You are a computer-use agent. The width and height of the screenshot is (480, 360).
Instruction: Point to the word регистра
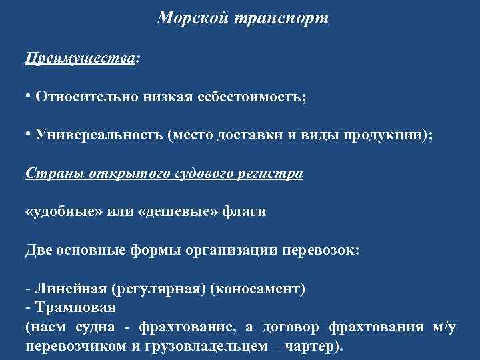pos(274,173)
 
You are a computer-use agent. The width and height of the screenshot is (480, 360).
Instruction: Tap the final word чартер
pos(317,347)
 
